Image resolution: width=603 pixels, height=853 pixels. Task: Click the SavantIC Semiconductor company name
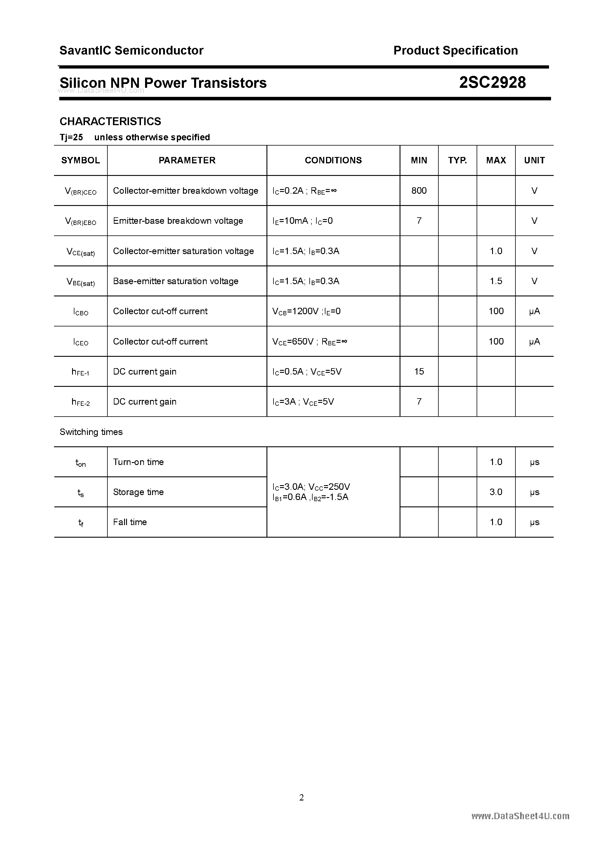point(131,50)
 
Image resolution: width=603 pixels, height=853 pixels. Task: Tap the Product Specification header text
point(455,50)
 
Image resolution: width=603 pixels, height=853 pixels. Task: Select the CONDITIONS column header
point(333,160)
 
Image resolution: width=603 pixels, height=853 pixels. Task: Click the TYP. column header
point(457,160)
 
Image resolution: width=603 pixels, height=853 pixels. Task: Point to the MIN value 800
point(419,190)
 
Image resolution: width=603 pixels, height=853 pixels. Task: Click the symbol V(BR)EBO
point(80,221)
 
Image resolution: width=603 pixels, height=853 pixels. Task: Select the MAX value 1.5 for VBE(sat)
point(496,281)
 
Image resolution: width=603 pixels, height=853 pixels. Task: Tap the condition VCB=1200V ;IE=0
point(306,311)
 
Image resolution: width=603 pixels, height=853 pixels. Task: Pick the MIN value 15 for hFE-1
point(419,372)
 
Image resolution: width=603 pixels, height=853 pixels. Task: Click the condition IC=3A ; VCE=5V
point(303,402)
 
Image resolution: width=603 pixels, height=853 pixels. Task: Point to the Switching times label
point(91,432)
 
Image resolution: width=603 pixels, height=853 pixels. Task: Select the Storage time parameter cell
point(138,492)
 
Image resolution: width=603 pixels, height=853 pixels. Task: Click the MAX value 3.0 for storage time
point(496,492)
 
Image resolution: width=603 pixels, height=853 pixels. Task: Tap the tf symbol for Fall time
point(81,522)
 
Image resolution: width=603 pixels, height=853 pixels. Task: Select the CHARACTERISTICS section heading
point(110,121)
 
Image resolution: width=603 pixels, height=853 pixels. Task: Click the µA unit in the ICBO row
point(534,311)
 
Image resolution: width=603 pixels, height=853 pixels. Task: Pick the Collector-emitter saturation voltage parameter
point(183,251)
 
